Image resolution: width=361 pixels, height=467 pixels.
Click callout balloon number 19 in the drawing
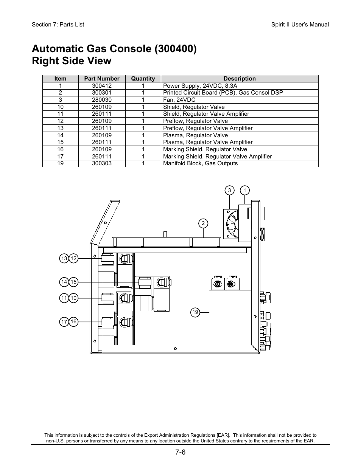pyautogui.click(x=195, y=312)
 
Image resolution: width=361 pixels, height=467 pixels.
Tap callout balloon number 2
pyautogui.click(x=203, y=223)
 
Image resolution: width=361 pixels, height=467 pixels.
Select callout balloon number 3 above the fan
pyautogui.click(x=229, y=190)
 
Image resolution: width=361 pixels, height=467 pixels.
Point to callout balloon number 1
pyautogui.click(x=245, y=190)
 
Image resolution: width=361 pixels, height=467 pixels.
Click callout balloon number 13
pyautogui.click(x=64, y=258)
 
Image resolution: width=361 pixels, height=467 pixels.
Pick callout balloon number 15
pyautogui.click(x=73, y=282)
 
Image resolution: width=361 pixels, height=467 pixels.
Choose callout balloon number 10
pyautogui.click(x=73, y=298)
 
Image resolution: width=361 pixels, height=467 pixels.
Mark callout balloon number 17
pyautogui.click(x=64, y=322)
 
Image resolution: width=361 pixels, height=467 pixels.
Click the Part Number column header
pyautogui.click(x=102, y=79)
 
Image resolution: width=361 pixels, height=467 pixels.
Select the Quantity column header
pyautogui.click(x=143, y=79)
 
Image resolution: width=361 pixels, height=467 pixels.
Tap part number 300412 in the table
pyautogui.click(x=102, y=86)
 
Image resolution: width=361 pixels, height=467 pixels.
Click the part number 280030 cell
pyautogui.click(x=102, y=100)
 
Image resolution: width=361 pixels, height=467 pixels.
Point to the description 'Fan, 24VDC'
pyautogui.click(x=179, y=100)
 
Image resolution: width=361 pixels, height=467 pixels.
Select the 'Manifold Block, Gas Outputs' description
pyautogui.click(x=201, y=163)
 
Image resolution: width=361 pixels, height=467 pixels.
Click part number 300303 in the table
pyautogui.click(x=102, y=163)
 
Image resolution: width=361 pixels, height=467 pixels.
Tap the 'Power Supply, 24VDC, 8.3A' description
pyautogui.click(x=200, y=86)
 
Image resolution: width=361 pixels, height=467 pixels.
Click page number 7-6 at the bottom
pyautogui.click(x=180, y=452)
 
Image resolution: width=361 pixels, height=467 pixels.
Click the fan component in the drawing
pyautogui.click(x=231, y=224)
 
